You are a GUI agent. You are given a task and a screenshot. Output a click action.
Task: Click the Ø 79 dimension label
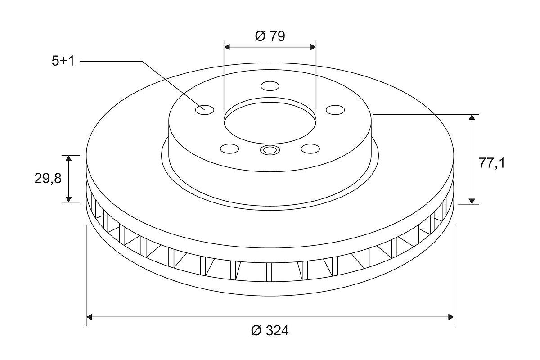coord(270,36)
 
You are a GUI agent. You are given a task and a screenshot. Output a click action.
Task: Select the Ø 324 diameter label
coord(270,331)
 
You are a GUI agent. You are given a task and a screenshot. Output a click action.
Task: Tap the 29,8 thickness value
coord(48,179)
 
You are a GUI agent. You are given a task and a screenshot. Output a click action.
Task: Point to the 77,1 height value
coord(491,163)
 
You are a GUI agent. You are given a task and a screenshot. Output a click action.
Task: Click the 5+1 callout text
coord(63,61)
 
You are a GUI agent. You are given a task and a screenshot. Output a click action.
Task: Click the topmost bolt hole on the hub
coord(270,86)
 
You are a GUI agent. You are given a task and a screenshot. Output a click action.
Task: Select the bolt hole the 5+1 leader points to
coord(205,110)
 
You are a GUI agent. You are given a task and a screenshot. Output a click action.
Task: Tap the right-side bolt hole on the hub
coord(335,110)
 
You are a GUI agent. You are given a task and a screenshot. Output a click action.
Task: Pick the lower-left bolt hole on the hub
coord(230,148)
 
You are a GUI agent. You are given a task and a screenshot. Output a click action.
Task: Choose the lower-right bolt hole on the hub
coord(310,148)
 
